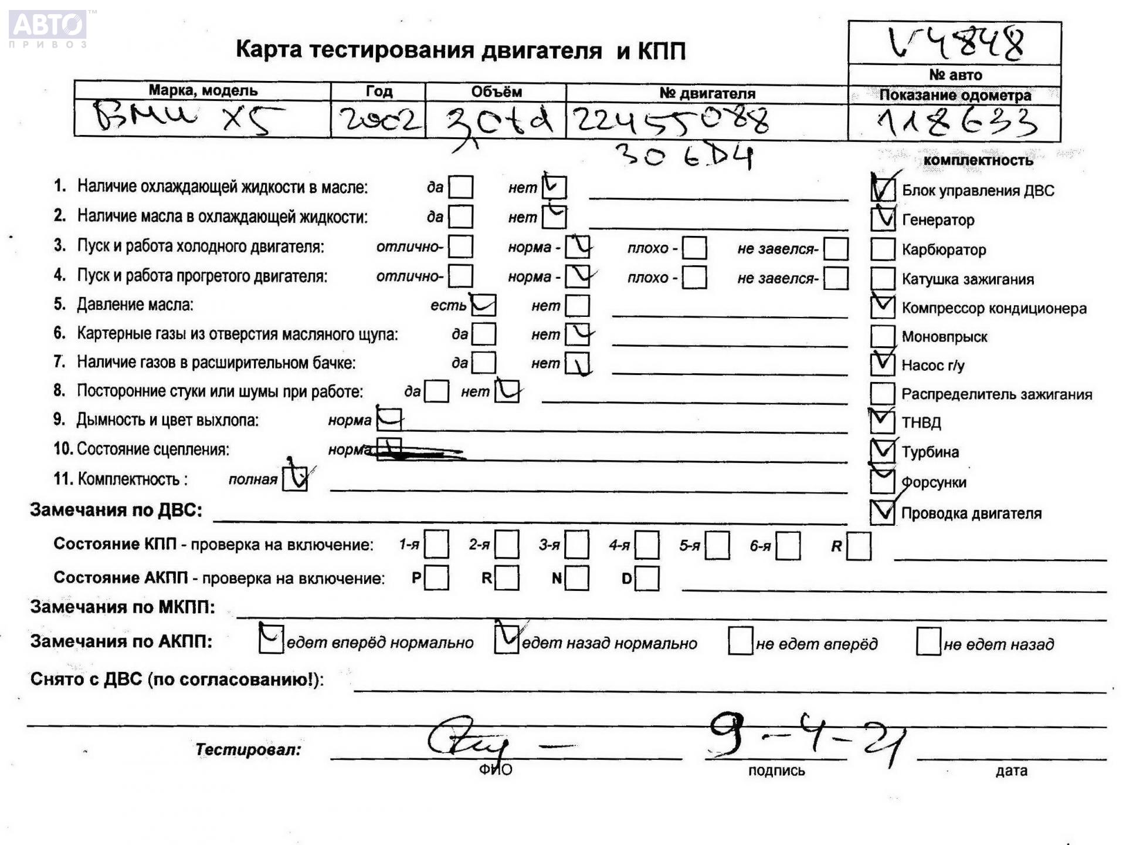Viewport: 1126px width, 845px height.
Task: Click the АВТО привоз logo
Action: [48, 28]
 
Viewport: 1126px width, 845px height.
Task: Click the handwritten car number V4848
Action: [956, 42]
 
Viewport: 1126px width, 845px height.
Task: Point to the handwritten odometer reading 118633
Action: [956, 123]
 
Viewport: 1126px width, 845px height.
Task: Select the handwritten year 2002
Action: [379, 120]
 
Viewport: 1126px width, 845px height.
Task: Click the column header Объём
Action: [496, 92]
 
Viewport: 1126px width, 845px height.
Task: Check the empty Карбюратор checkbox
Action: [883, 249]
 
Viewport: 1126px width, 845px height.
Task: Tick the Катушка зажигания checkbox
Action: [883, 278]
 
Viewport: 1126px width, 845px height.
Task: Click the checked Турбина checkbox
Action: [883, 451]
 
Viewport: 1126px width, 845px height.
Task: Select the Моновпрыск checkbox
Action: [883, 336]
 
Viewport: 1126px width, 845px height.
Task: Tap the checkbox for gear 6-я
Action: [788, 545]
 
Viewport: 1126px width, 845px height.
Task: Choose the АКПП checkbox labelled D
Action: [647, 579]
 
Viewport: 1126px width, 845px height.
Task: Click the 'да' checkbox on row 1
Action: [460, 187]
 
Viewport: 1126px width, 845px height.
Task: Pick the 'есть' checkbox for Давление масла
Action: [484, 305]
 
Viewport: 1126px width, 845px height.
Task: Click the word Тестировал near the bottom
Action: [247, 749]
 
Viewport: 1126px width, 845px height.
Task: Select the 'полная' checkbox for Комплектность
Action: [294, 478]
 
